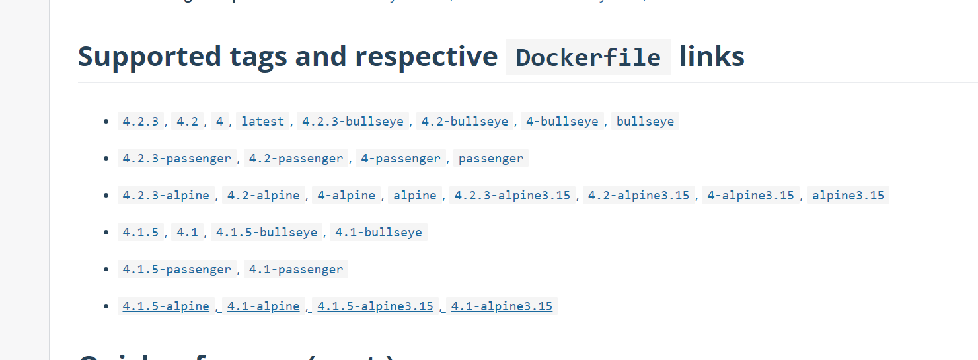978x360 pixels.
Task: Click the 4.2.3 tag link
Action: point(140,122)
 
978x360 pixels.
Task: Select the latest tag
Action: point(262,122)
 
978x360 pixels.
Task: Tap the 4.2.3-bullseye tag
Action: point(352,122)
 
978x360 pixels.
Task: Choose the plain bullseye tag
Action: point(645,122)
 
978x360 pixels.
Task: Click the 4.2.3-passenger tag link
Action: point(176,159)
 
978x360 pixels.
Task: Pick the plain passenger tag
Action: point(490,159)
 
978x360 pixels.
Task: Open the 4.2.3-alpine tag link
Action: point(166,196)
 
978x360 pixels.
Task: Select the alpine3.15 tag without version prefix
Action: point(848,196)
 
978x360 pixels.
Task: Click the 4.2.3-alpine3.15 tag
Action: point(512,196)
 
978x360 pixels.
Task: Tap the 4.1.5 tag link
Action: point(140,233)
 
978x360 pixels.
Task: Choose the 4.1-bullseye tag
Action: point(378,233)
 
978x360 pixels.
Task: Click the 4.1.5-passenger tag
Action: point(176,270)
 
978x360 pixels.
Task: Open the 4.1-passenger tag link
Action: point(295,270)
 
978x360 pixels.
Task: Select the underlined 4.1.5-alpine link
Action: point(166,306)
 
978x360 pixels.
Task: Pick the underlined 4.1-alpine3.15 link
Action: point(502,306)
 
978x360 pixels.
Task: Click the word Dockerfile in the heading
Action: point(588,57)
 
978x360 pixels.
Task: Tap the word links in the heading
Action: point(712,57)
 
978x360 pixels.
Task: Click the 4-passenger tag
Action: point(400,159)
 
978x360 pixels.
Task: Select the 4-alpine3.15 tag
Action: point(751,196)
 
